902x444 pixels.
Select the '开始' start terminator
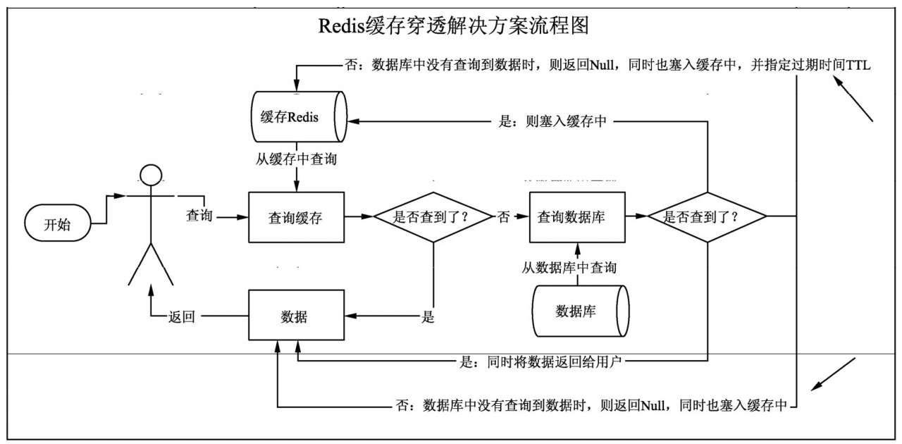[58, 225]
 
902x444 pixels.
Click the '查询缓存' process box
[296, 218]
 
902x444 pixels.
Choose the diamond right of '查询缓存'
[433, 217]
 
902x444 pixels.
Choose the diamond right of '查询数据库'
[707, 217]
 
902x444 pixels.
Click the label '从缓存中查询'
[296, 159]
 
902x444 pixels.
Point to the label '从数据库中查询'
[569, 268]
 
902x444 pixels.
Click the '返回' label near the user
[181, 317]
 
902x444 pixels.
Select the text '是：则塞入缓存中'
[552, 121]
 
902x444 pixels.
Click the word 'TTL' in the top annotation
[859, 65]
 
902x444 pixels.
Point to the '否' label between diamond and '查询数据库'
[503, 218]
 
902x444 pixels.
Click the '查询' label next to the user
[199, 214]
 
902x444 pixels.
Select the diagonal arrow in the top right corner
[853, 99]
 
